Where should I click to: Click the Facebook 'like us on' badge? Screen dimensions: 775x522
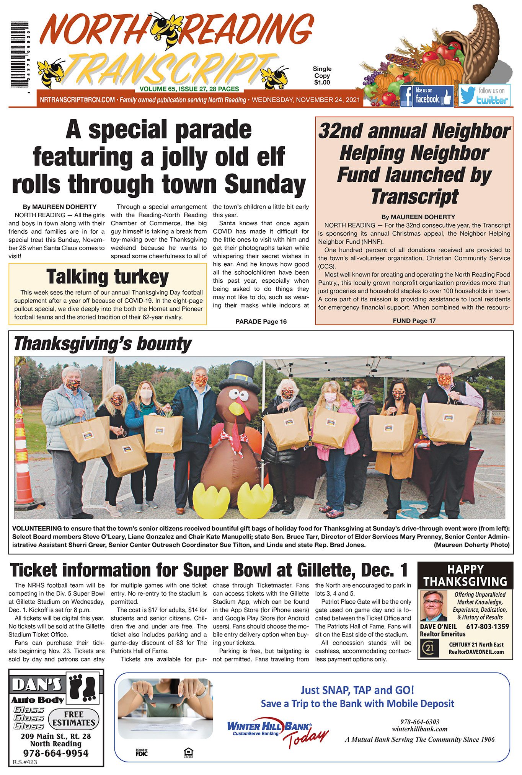click(x=426, y=96)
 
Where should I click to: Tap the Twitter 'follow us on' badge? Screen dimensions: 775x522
click(x=484, y=95)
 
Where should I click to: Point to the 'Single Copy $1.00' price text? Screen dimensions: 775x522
click(x=322, y=75)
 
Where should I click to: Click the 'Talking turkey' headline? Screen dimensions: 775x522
click(x=108, y=277)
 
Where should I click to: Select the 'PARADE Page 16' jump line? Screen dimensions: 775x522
click(x=261, y=321)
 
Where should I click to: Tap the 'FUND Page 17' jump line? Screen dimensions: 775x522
click(x=414, y=321)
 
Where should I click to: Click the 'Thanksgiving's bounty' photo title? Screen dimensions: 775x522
click(x=102, y=344)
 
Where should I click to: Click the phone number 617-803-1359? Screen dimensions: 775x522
click(x=487, y=626)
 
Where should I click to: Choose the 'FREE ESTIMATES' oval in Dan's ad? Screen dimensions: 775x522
click(x=73, y=718)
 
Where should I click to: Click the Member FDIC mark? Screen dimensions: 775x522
click(x=142, y=752)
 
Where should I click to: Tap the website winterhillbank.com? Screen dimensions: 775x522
click(x=419, y=729)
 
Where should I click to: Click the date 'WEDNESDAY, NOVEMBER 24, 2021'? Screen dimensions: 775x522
click(x=306, y=100)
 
